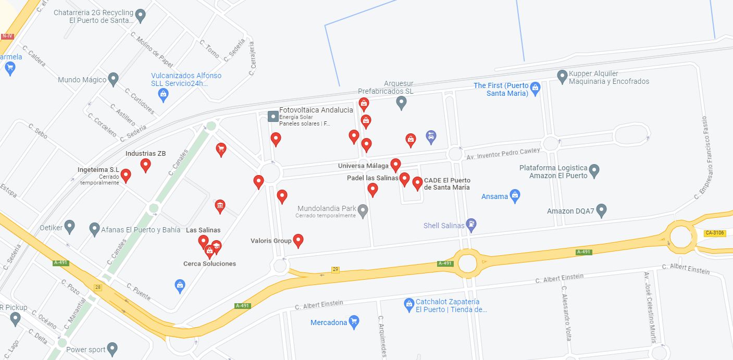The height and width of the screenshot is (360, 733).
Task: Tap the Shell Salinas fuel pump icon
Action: (471, 225)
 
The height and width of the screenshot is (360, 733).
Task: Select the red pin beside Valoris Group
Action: (298, 240)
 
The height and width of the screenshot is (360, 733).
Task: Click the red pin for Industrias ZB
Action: (146, 165)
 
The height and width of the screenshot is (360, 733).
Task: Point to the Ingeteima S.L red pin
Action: (126, 175)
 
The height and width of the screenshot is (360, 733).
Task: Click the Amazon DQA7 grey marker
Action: (601, 210)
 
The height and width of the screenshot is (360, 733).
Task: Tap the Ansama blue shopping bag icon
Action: (515, 196)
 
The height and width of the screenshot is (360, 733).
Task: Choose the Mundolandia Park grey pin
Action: (363, 210)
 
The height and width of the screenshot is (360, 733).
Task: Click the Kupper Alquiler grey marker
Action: (562, 77)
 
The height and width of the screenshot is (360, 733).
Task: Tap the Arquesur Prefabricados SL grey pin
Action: (401, 102)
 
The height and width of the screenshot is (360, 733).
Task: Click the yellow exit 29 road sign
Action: (336, 269)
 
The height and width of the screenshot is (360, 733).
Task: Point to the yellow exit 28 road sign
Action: (97, 287)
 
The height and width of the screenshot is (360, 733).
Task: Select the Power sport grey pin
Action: (112, 349)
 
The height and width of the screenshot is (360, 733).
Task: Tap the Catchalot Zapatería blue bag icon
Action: (409, 304)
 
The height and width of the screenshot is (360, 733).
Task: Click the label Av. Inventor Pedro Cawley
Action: (504, 154)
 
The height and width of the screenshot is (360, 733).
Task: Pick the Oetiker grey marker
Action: (69, 227)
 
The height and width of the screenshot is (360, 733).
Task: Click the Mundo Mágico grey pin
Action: (113, 79)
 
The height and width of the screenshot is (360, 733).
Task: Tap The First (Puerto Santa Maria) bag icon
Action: (535, 88)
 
